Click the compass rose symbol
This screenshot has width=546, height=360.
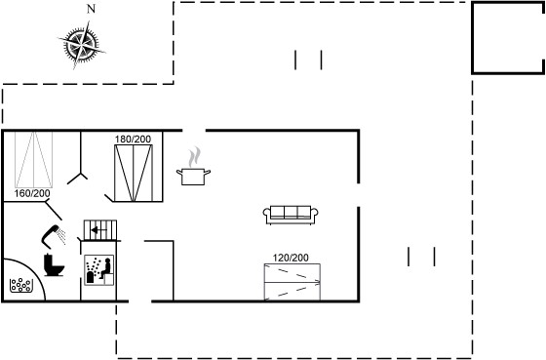82,45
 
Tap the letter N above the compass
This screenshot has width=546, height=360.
91,9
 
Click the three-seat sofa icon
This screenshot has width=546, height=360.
291,215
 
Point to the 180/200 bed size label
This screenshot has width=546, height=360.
133,140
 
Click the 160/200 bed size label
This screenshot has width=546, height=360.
32,193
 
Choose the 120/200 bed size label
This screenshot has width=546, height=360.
291,258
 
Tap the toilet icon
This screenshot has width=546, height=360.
54,265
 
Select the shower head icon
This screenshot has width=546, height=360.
54,236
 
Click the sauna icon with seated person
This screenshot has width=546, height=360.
99,270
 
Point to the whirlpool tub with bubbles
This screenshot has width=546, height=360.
20,285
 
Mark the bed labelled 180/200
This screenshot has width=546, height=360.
134,173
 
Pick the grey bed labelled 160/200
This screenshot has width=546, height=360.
34,159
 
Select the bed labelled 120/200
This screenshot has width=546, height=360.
292,282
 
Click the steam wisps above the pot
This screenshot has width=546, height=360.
195,157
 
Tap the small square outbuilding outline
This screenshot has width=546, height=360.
473,38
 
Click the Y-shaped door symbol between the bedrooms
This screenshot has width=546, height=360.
80,174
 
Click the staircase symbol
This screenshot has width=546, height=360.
100,230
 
